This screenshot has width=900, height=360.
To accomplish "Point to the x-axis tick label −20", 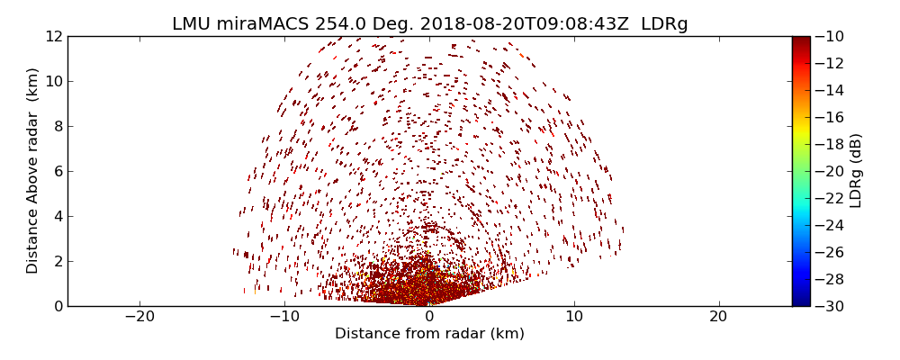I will click(x=139, y=317).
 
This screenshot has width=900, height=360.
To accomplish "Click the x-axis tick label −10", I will click(x=284, y=317).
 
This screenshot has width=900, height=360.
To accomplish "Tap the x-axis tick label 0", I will click(x=429, y=317).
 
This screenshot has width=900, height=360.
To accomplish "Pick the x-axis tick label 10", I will click(x=574, y=317).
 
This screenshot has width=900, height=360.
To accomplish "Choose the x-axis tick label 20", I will click(x=718, y=317).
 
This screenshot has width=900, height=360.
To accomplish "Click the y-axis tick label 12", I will click(x=53, y=37).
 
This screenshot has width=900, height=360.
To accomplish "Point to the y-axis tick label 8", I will click(x=57, y=126).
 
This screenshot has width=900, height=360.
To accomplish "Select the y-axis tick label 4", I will click(x=57, y=216).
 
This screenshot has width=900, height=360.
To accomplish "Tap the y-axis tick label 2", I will click(x=57, y=261).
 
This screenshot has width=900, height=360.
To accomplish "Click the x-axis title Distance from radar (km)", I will click(x=429, y=334).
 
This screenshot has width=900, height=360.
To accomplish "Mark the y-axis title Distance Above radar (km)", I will click(x=33, y=170).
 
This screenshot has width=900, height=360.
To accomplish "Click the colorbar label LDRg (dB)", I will click(x=856, y=170).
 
